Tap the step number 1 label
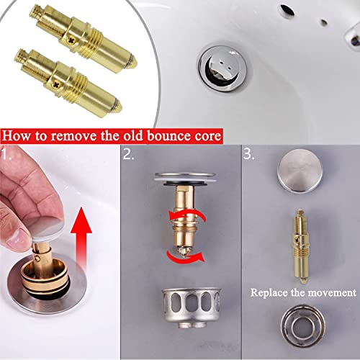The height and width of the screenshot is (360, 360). click(6, 154)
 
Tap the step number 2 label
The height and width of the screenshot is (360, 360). click(129, 154)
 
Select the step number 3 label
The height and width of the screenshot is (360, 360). click(249, 154)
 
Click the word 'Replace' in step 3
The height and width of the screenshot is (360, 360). click(269, 293)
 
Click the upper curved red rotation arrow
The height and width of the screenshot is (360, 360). click(186, 215)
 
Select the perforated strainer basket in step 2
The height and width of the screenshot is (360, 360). click(191, 308)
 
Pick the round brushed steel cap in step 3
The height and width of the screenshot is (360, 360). click(300, 171)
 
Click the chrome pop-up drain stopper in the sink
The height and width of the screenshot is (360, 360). click(222, 68)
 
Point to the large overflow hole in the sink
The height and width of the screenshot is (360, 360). click(287, 9)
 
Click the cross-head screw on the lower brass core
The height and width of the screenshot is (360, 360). click(57, 84)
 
